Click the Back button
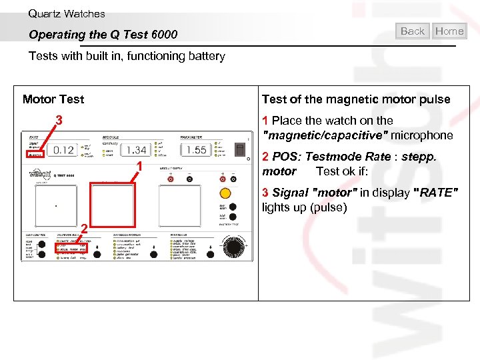pyautogui.click(x=413, y=31)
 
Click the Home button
pyautogui.click(x=449, y=31)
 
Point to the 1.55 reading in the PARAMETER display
pyautogui.click(x=196, y=150)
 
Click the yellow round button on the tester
pyautogui.click(x=225, y=193)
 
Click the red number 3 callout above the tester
pyautogui.click(x=59, y=121)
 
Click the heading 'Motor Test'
pyautogui.click(x=53, y=99)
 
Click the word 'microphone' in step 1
pyautogui.click(x=422, y=135)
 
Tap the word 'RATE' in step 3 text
pyautogui.click(x=437, y=193)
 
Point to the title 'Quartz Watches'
pyautogui.click(x=67, y=13)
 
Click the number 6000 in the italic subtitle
pyautogui.click(x=165, y=35)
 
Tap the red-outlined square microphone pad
pyautogui.click(x=112, y=205)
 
